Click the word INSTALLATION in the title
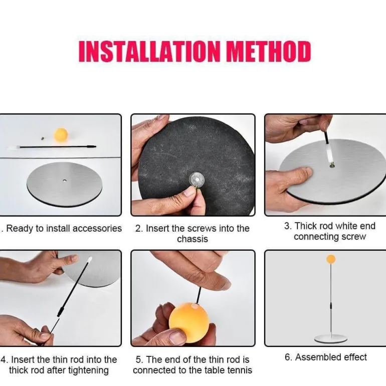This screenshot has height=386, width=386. tap(149, 51)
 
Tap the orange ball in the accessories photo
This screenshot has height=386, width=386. tap(61, 135)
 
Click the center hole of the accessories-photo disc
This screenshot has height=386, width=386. tap(65, 180)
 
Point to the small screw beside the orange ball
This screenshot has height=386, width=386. tap(43, 138)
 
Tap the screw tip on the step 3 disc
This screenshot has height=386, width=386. tap(332, 165)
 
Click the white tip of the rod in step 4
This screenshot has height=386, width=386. tap(90, 259)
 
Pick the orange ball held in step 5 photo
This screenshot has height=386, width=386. tap(189, 323)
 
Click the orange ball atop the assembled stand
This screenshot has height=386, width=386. tap(331, 259)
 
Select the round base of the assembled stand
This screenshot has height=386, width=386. tap(331, 339)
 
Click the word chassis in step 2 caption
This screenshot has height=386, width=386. tap(192, 239)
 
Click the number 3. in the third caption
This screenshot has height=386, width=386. tap(288, 226)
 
